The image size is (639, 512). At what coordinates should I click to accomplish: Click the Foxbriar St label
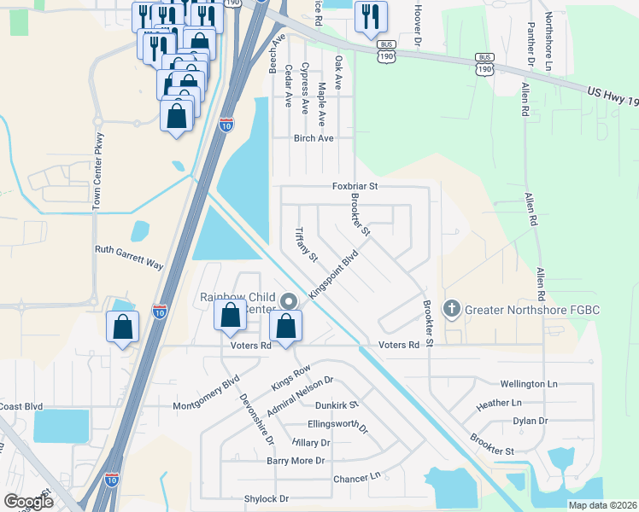click(355, 185)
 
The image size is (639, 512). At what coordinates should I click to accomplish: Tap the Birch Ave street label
click(313, 138)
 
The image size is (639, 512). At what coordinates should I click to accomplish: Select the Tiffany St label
click(306, 245)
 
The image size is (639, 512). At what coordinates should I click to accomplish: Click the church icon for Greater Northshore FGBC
click(452, 308)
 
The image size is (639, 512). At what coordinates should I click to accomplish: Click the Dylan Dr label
click(530, 421)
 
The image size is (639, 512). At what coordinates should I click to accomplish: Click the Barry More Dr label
click(296, 461)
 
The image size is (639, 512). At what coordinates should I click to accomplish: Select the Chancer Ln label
click(356, 478)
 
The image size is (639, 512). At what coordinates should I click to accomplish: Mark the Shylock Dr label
click(267, 498)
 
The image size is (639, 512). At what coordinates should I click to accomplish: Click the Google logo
click(28, 501)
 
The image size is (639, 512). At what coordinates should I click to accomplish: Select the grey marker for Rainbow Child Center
click(289, 300)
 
